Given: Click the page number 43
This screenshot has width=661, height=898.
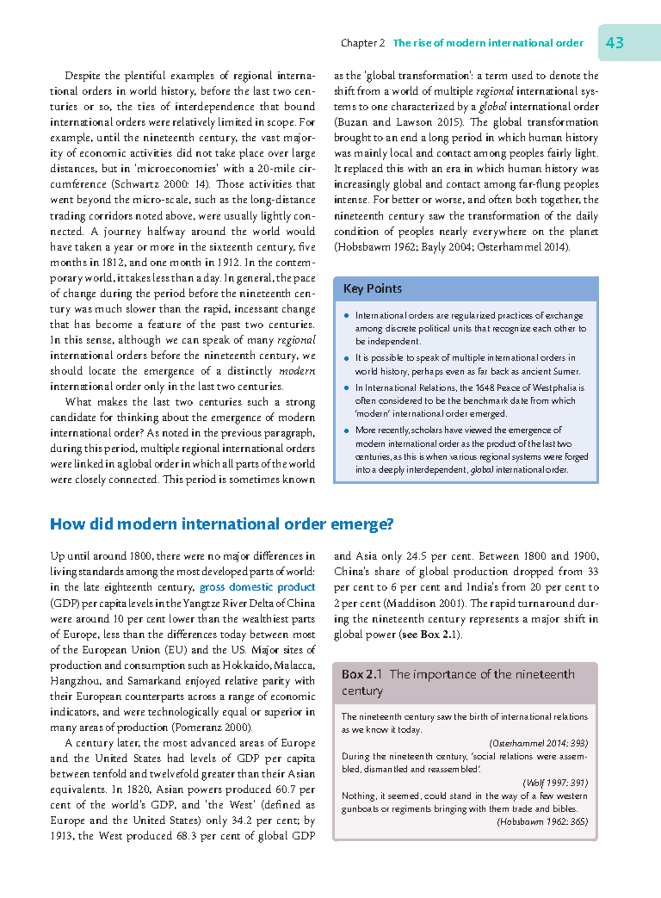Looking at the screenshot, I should pyautogui.click(x=615, y=42).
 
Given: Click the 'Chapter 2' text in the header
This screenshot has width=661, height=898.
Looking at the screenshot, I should pyautogui.click(x=362, y=43).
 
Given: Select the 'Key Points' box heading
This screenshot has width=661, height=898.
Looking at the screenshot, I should pyautogui.click(x=372, y=289).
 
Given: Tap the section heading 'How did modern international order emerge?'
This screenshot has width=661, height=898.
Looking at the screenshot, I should pyautogui.click(x=221, y=523).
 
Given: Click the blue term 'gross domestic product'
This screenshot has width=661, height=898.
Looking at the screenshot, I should pyautogui.click(x=257, y=587).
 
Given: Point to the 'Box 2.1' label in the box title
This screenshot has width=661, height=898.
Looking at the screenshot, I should pyautogui.click(x=361, y=674).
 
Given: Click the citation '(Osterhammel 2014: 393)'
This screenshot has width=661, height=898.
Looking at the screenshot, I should pyautogui.click(x=538, y=743).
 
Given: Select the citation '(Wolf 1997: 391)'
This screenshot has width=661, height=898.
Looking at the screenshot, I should pyautogui.click(x=555, y=783).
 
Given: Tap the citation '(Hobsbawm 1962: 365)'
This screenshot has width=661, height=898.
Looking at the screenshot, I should pyautogui.click(x=542, y=822).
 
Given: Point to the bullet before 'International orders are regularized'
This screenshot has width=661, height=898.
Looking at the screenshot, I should pyautogui.click(x=346, y=316).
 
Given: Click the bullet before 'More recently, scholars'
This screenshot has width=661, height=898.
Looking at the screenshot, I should pyautogui.click(x=346, y=431).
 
